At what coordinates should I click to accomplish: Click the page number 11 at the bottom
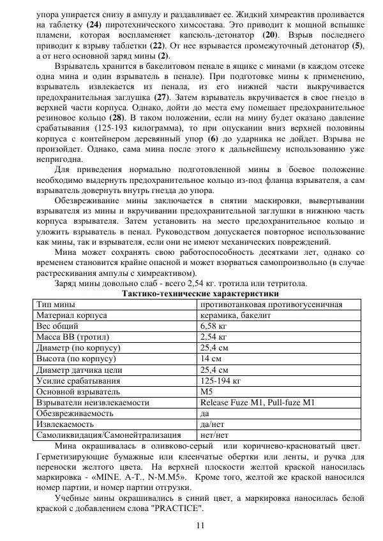(x=200, y=524)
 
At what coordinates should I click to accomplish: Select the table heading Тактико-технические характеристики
(x=200, y=294)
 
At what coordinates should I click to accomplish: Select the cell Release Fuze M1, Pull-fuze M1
(x=257, y=403)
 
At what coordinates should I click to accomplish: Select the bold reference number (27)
(x=162, y=96)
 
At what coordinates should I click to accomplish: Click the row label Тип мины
(x=56, y=305)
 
